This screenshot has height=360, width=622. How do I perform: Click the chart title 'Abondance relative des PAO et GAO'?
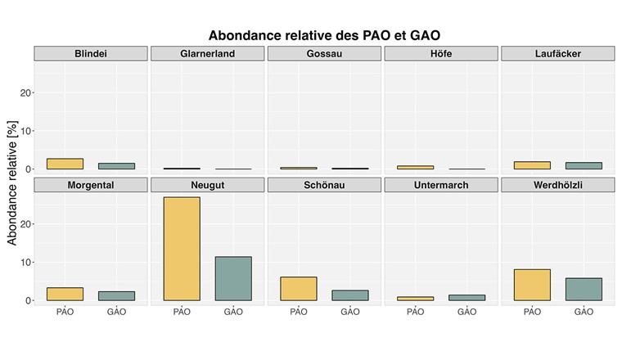click(330, 35)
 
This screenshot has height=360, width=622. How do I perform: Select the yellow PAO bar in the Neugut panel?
click(182, 249)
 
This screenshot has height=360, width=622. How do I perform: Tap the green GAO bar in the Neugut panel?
click(233, 278)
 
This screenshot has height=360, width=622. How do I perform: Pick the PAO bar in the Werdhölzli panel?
click(532, 285)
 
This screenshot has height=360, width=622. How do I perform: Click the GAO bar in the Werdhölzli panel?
click(584, 289)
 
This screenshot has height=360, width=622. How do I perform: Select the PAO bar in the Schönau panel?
click(299, 288)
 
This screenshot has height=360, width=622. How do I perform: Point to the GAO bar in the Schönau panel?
click(350, 295)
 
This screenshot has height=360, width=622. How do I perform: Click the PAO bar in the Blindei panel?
click(65, 164)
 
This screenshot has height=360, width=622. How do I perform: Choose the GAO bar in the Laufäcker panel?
click(584, 165)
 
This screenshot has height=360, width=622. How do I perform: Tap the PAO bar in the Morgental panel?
click(65, 294)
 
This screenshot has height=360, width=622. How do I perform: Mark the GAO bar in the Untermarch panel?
click(466, 298)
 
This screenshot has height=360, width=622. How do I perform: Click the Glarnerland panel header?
click(207, 54)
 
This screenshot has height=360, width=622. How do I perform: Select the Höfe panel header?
click(440, 54)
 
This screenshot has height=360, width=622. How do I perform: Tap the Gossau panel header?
click(324, 54)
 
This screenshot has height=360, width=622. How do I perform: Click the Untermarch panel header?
click(440, 185)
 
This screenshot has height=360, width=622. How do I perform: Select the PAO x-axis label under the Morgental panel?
click(65, 312)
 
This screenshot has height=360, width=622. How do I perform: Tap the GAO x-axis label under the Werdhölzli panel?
click(584, 312)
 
